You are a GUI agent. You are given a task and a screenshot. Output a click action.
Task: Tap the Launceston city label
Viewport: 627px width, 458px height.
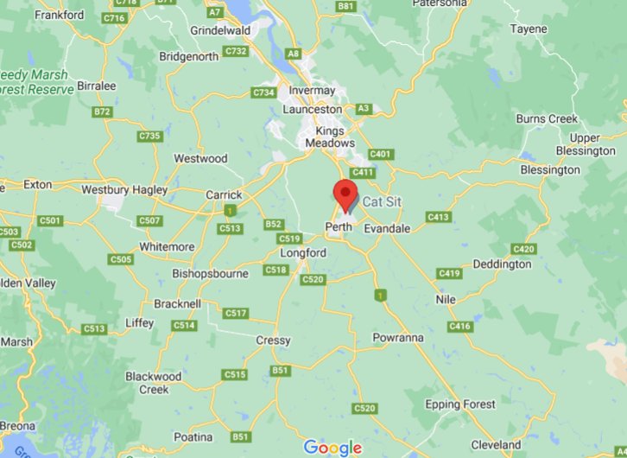point(313,110)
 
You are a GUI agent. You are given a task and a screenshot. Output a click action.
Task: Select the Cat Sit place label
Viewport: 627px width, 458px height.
point(382,201)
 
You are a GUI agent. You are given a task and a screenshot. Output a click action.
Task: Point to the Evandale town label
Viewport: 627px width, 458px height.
point(387,228)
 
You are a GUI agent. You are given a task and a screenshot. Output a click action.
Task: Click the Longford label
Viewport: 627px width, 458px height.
point(304,253)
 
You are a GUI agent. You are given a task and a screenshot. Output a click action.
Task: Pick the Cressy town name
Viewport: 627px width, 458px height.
point(273,340)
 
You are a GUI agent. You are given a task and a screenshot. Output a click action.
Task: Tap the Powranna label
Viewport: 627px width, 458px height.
point(397,337)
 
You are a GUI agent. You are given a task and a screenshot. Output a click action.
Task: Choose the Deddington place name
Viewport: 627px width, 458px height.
point(503,264)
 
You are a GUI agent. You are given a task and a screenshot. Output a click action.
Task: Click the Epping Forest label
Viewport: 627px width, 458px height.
point(460,404)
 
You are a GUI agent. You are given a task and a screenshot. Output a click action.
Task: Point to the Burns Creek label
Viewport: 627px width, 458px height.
point(547,118)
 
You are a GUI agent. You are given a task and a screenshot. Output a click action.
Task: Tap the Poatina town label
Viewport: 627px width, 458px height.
point(192,437)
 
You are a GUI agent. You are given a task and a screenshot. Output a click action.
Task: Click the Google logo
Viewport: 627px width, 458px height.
point(332,448)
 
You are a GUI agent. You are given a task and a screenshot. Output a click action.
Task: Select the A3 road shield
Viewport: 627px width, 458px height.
point(364,109)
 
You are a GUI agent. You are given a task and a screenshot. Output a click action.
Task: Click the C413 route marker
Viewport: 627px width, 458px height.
point(438,217)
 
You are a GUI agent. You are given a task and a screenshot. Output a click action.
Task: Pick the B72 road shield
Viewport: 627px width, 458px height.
point(103,111)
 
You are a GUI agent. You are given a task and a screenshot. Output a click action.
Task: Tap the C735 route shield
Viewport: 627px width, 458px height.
point(149,136)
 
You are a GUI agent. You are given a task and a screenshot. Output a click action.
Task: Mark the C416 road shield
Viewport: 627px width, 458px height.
point(460,327)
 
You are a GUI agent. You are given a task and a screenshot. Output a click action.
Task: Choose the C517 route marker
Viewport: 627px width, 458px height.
point(235,313)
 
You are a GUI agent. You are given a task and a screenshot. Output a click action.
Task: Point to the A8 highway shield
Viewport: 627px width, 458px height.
point(294,54)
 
